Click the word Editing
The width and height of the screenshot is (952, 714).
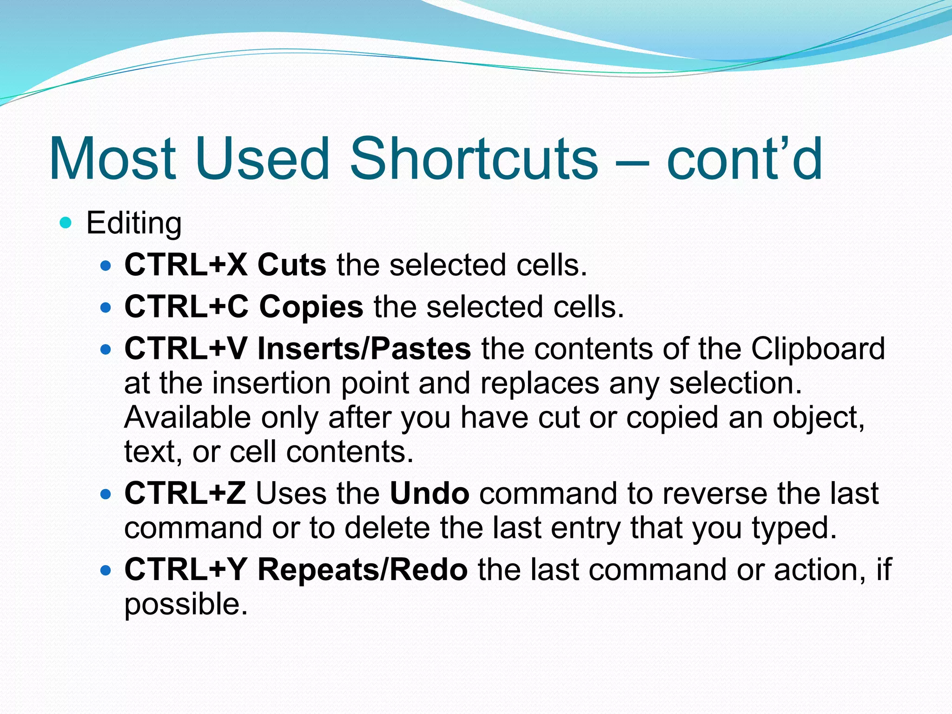[x=134, y=224]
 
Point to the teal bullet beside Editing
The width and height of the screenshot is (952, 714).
[x=66, y=223]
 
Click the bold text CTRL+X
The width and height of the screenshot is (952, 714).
[x=186, y=265]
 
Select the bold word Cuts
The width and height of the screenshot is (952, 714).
[x=291, y=265]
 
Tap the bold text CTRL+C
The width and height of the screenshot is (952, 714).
[x=186, y=307]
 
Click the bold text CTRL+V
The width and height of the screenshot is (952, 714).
[x=186, y=349]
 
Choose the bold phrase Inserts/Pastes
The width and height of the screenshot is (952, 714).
[x=364, y=349]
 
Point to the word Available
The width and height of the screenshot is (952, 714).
[x=187, y=417]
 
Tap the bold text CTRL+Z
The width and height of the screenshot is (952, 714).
[x=185, y=493]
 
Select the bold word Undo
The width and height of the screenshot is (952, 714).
[x=430, y=493]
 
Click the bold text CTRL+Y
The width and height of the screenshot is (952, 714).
[x=185, y=569]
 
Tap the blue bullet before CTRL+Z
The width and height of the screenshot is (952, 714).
[x=106, y=494]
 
